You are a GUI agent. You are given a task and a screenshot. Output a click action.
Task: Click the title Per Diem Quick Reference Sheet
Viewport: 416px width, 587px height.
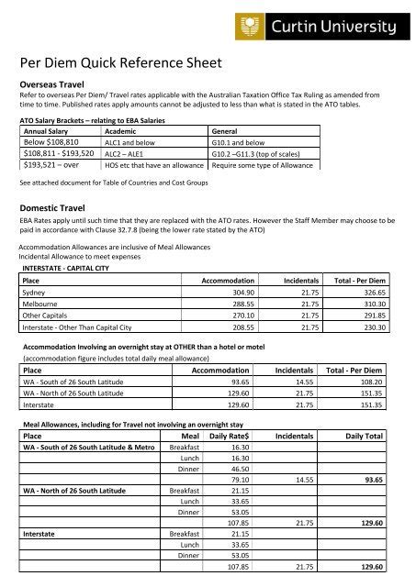click(120, 63)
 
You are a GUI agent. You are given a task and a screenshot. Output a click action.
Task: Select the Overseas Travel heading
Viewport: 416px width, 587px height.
click(58, 82)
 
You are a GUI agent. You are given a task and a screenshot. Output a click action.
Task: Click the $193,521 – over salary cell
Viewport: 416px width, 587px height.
click(51, 166)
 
